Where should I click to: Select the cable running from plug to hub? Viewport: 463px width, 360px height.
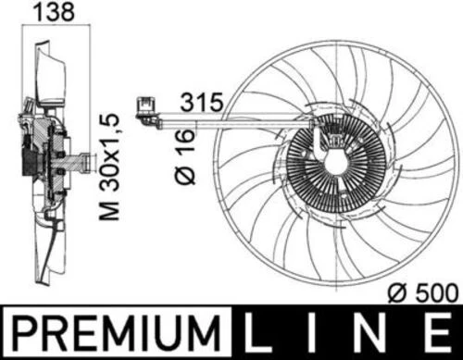(231, 118)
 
